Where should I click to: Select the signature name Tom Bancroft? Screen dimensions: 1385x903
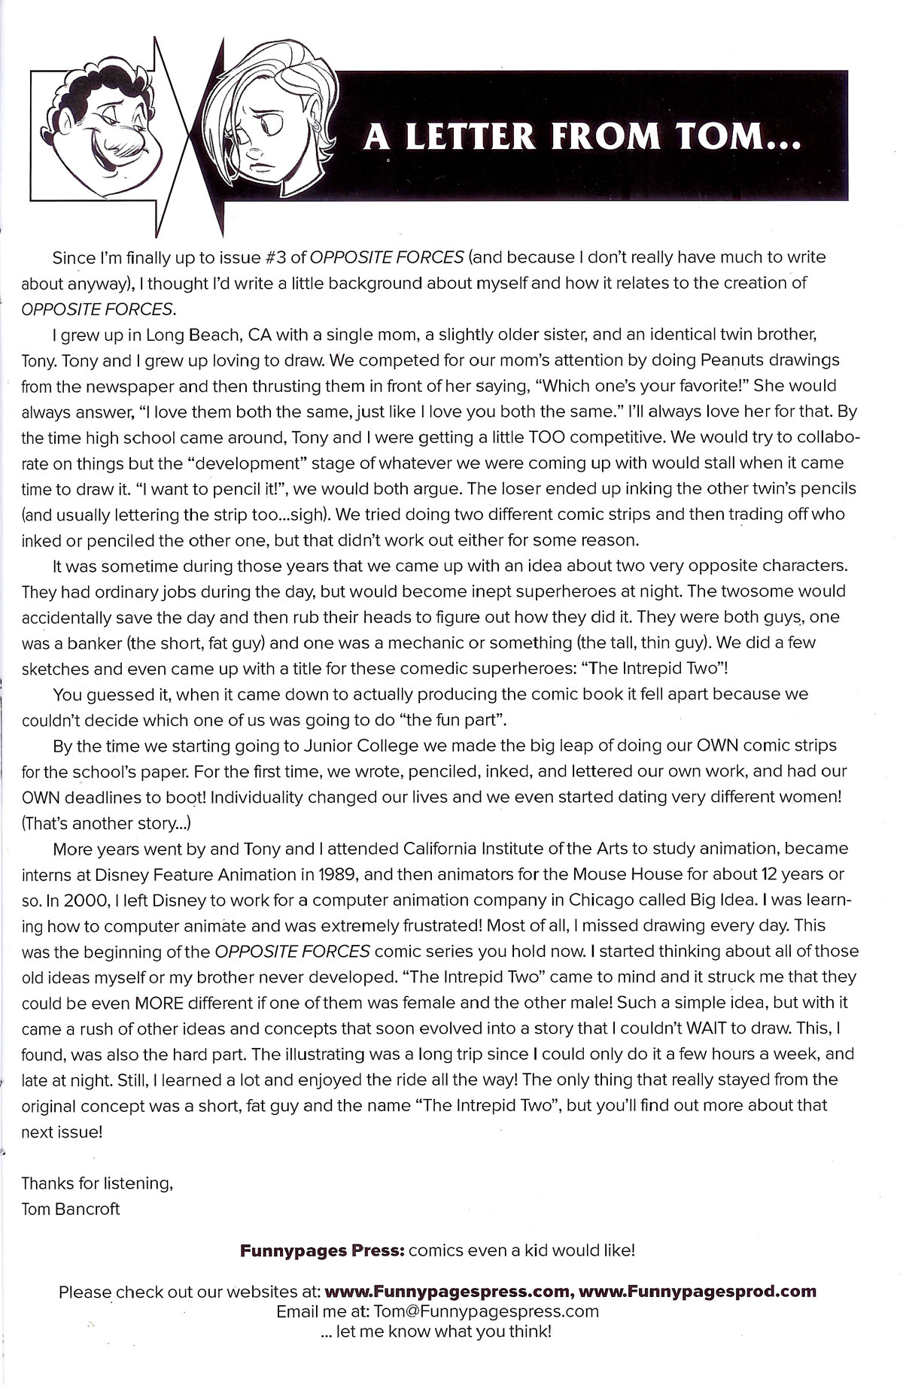coord(71,1209)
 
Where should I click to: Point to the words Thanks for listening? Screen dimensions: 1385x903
coord(98,1183)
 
